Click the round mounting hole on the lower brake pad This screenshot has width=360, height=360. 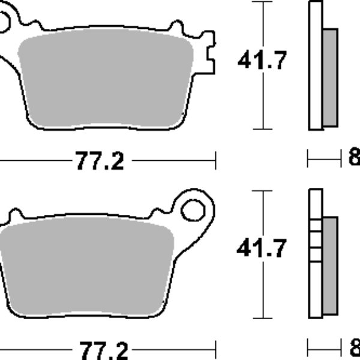coord(193,210)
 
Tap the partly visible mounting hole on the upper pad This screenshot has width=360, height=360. coord(3,24)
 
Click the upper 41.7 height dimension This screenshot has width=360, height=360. coord(262,60)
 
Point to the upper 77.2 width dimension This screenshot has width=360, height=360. coord(99,161)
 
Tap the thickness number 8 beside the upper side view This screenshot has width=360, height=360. coord(354,159)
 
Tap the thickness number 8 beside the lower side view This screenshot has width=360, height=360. coord(354,347)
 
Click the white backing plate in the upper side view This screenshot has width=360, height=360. coord(315,66)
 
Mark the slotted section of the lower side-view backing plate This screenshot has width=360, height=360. coord(315,243)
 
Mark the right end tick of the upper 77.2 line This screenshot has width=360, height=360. coord(215,160)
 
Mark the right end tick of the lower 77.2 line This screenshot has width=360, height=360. coord(215,348)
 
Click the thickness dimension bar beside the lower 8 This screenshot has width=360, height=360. coord(324,347)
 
